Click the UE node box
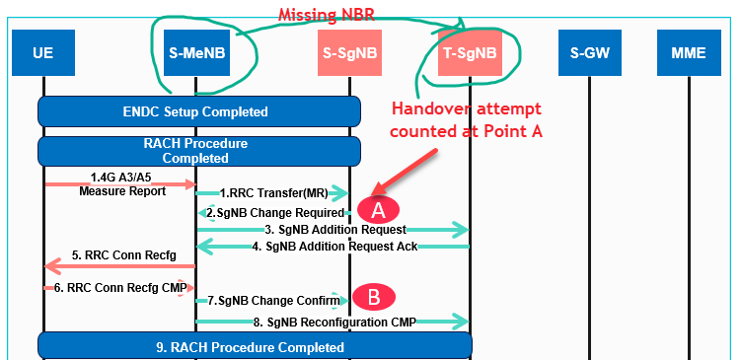click(42, 52)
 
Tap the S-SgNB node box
click(350, 52)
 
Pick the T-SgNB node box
click(469, 52)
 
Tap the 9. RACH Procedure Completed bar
click(255, 346)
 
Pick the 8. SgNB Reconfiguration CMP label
click(332, 322)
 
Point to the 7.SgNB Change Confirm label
click(270, 299)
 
